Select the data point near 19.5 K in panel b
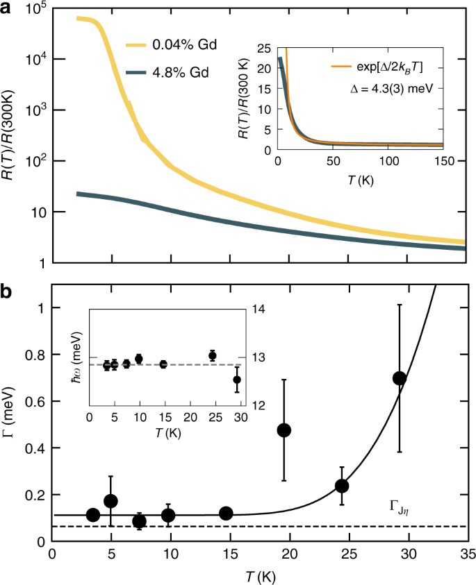click(x=284, y=430)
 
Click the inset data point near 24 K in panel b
click(x=213, y=355)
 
